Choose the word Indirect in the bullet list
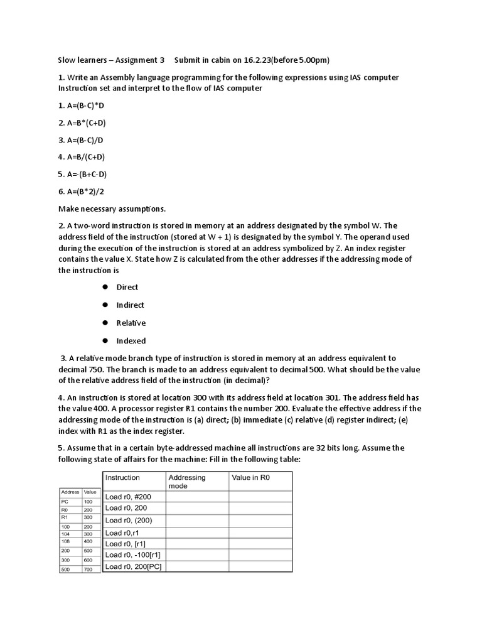tap(130, 305)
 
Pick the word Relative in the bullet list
tap(131, 323)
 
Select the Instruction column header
tap(122, 478)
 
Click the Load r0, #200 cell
tap(128, 497)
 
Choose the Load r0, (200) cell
tap(129, 520)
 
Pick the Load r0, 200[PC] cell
tap(132, 566)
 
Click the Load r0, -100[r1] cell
tap(133, 555)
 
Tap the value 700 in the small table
tap(87, 569)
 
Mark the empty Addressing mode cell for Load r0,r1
tap(196, 532)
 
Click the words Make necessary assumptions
tap(112, 208)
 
